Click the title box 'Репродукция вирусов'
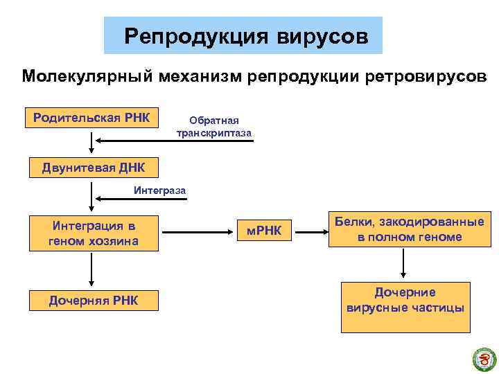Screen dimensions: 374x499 pyautogui.click(x=243, y=35)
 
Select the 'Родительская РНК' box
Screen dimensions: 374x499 pyautogui.click(x=91, y=117)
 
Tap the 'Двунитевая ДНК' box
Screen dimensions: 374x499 pyautogui.click(x=91, y=167)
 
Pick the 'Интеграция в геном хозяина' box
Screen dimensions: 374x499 pyautogui.click(x=94, y=233)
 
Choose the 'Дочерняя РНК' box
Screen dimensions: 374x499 pyautogui.click(x=94, y=300)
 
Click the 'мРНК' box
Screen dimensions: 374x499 pyautogui.click(x=265, y=230)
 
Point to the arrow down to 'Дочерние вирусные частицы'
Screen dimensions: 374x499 pyautogui.click(x=404, y=262)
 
